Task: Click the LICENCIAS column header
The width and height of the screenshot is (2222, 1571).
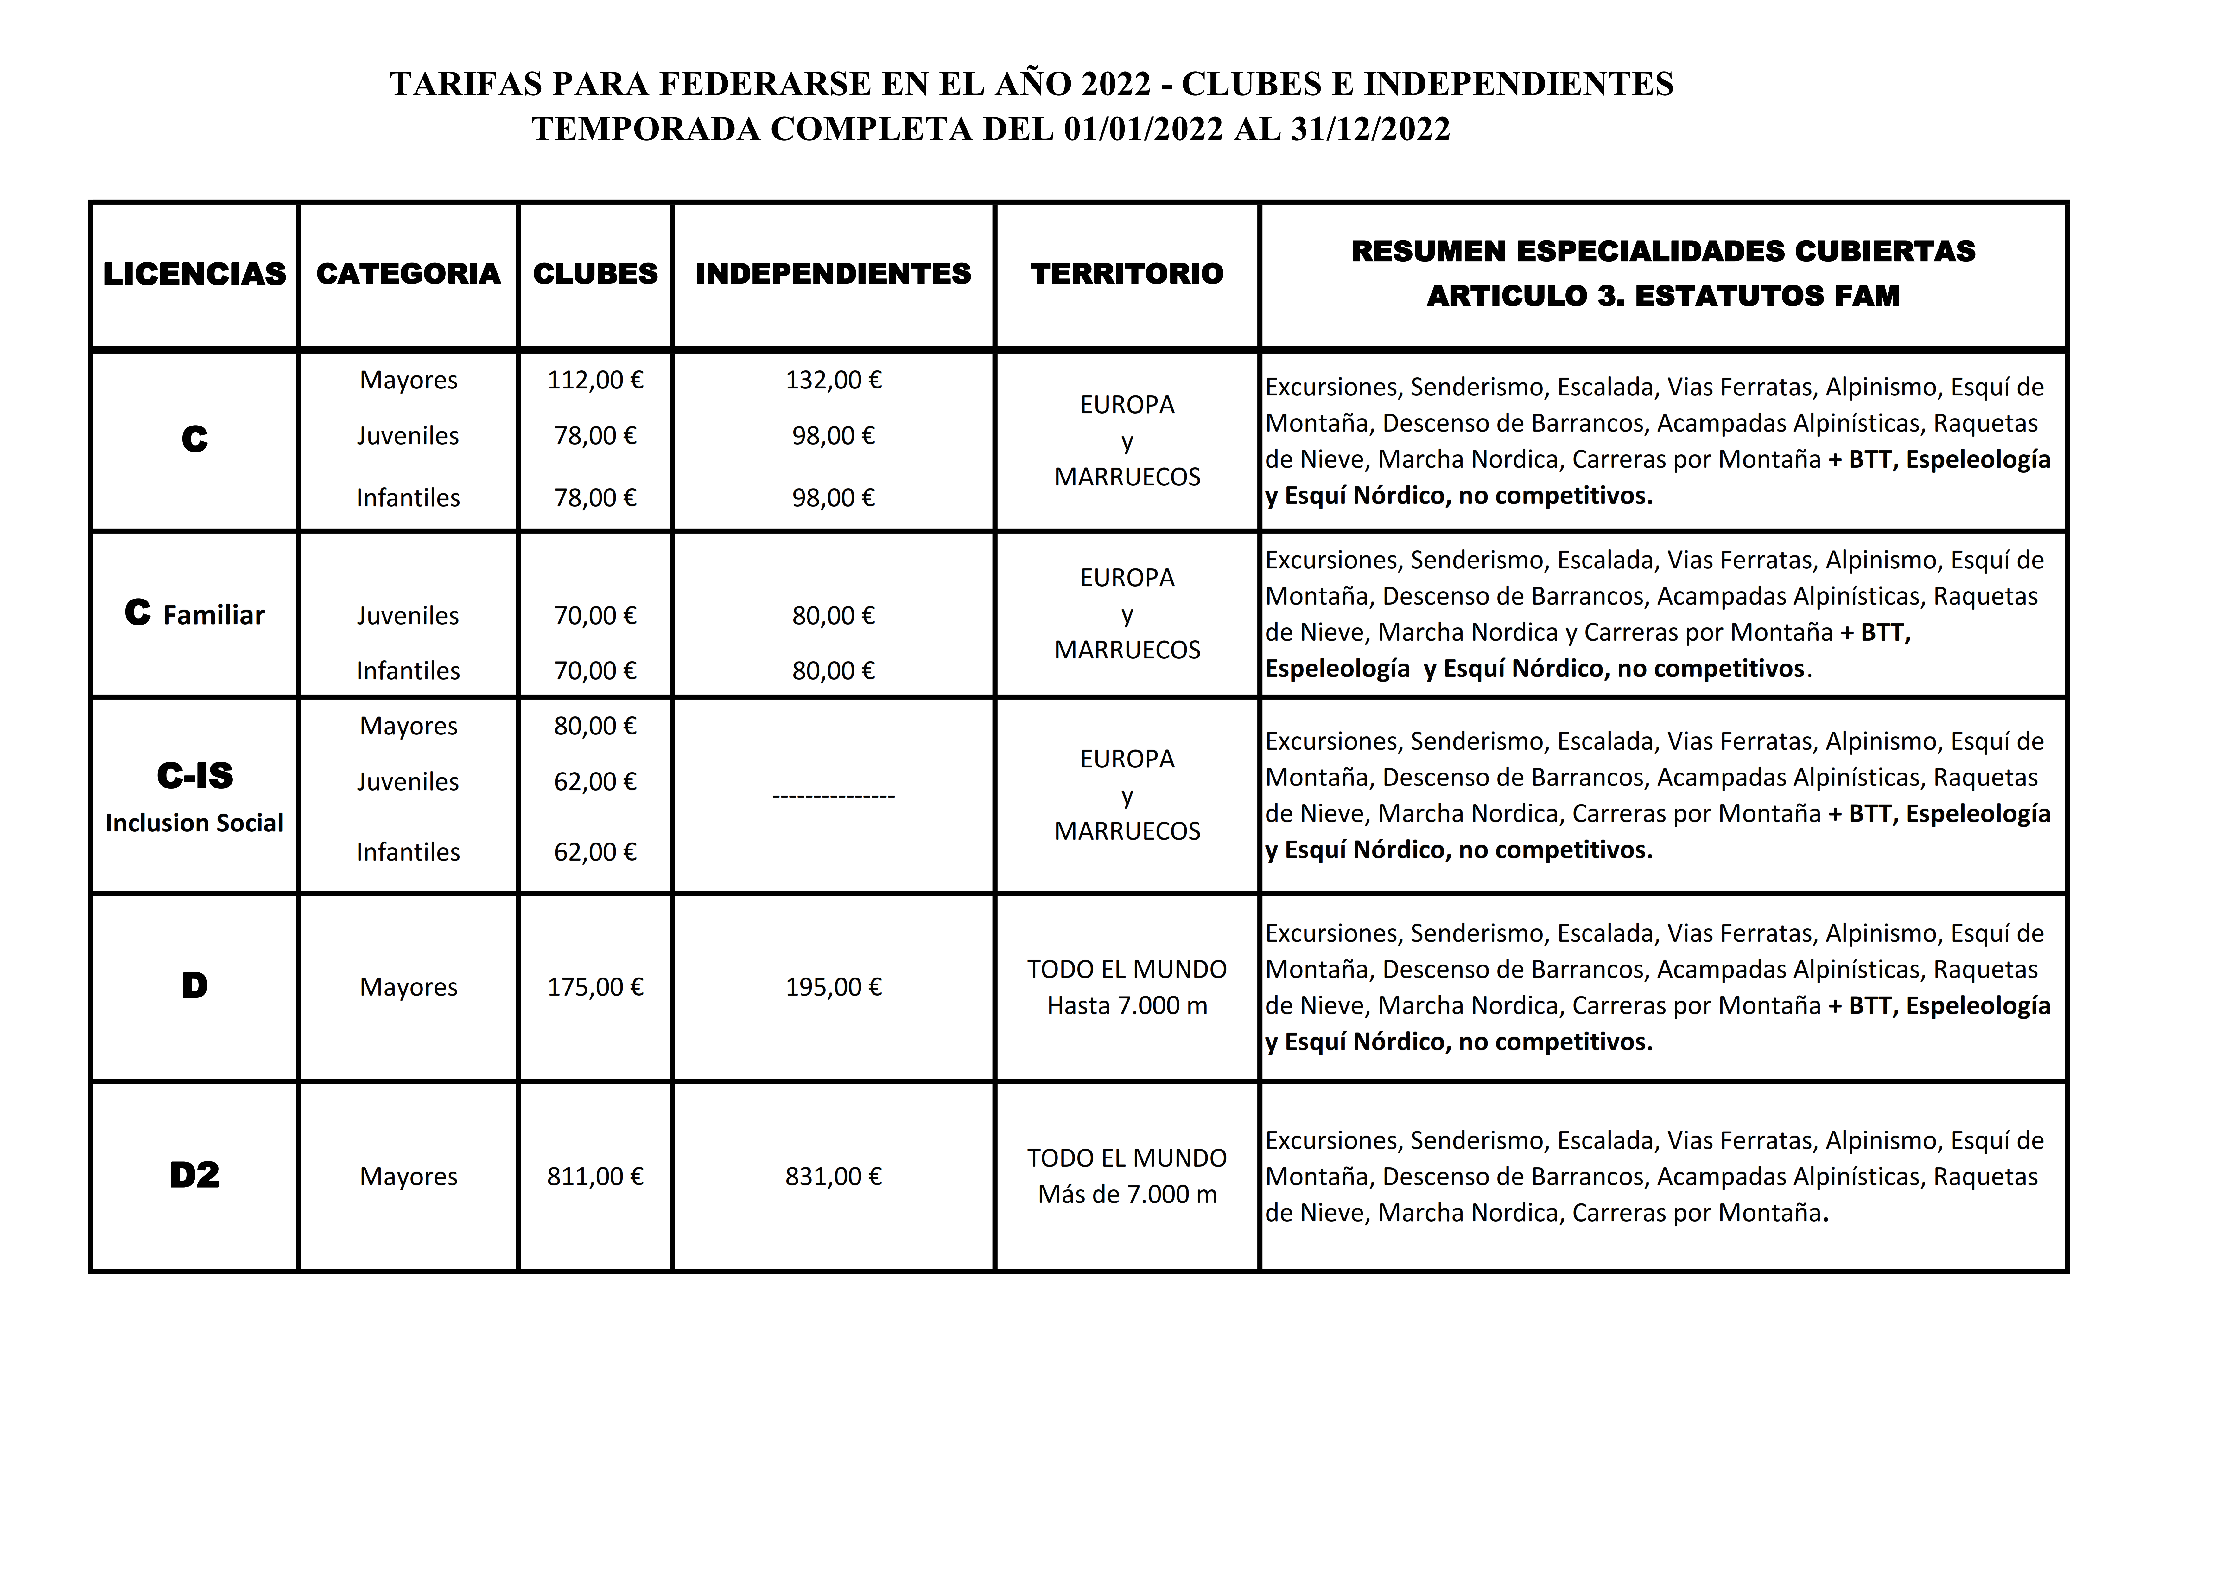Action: pyautogui.click(x=194, y=274)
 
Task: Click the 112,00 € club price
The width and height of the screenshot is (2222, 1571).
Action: pyautogui.click(x=595, y=379)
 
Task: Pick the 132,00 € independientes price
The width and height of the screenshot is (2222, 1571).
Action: pyautogui.click(x=833, y=379)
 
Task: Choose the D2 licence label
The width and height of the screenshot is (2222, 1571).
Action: pyautogui.click(x=194, y=1175)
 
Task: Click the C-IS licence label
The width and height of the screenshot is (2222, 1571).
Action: pyautogui.click(x=194, y=775)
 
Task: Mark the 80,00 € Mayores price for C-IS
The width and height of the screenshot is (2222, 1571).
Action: pyautogui.click(x=595, y=726)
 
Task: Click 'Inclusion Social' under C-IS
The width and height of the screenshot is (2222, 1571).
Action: pyautogui.click(x=194, y=823)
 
